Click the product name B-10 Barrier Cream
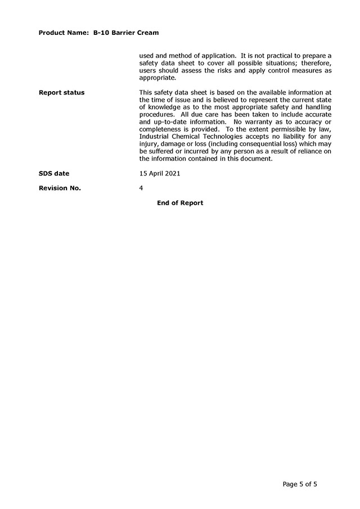[126, 33]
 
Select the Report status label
[62, 92]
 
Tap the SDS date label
[54, 174]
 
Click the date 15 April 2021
[160, 173]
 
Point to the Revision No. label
[60, 188]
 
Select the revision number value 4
[141, 188]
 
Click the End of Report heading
[180, 203]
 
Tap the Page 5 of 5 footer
[304, 484]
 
